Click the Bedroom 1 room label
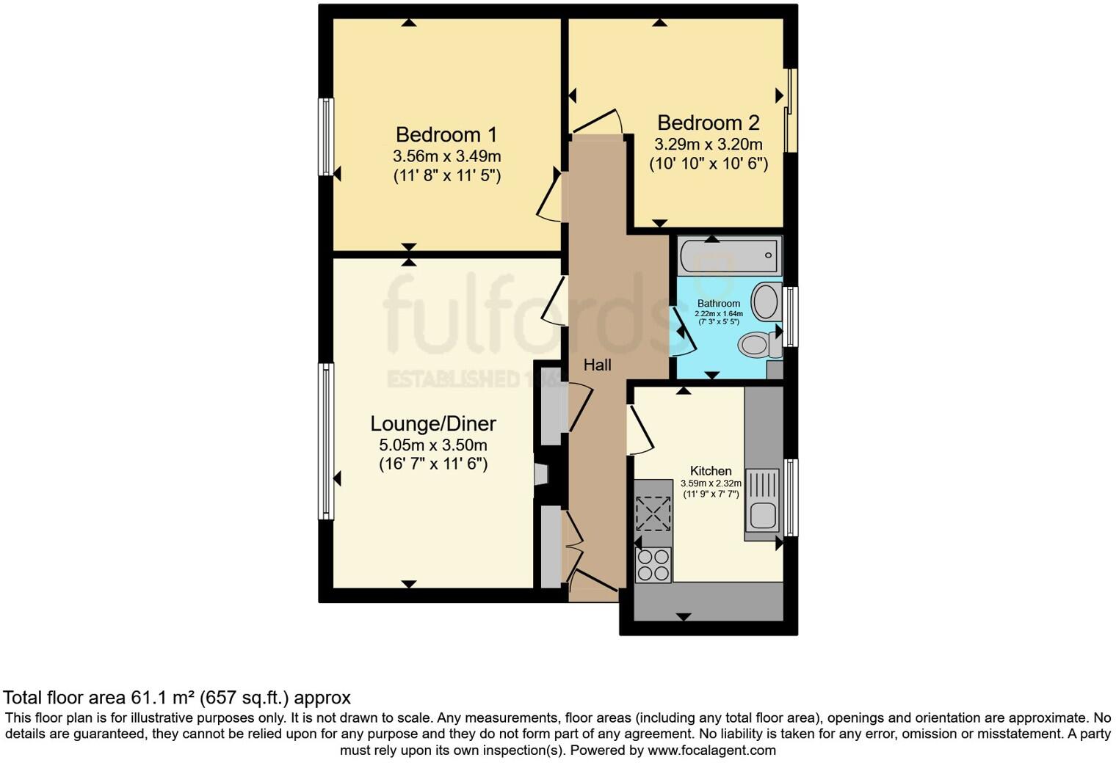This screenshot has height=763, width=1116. coord(446,135)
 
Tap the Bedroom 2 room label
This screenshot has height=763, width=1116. coord(708,123)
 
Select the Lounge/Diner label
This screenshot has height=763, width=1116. coord(432,423)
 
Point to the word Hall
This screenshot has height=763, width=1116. coord(597,365)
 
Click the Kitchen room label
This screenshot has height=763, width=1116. coord(710,471)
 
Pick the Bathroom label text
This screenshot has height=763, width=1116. coord(718,304)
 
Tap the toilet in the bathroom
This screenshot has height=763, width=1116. coord(756,344)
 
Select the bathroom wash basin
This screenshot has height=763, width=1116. coord(767,302)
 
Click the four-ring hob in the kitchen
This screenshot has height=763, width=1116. coord(653,565)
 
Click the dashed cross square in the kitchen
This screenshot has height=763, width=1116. coord(653,514)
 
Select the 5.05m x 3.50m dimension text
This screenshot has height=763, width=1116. coord(432,445)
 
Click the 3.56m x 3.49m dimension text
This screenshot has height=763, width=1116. coord(446,156)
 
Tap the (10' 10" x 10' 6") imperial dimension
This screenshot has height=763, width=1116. coord(708,164)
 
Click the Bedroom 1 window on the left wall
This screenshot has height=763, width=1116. coord(325,137)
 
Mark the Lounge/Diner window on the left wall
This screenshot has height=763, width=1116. coord(325,441)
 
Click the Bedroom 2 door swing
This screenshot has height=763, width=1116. coord(598,123)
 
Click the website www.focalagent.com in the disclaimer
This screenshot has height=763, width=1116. coord(711,751)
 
